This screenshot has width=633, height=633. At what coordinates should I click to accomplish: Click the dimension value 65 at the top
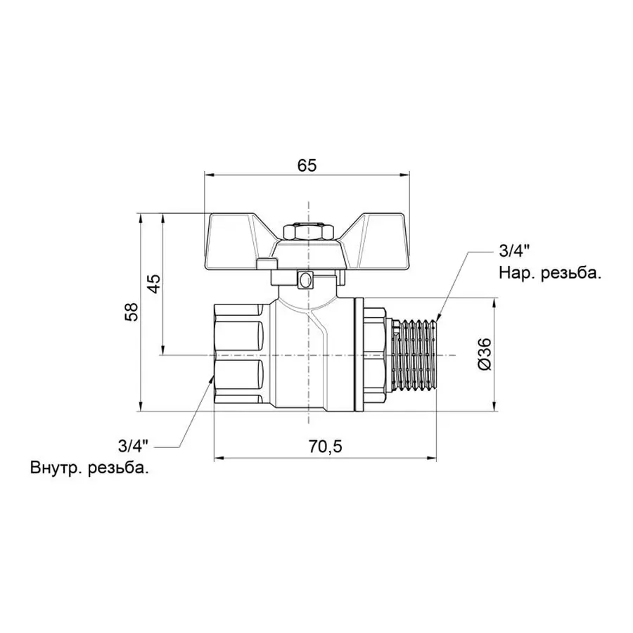[307, 165]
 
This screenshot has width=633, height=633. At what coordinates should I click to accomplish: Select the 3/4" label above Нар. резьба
[512, 251]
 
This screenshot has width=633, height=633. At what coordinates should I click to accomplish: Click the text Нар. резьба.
[550, 274]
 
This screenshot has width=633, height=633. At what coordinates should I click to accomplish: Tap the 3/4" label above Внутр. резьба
[134, 445]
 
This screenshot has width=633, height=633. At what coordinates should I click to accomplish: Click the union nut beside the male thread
[373, 355]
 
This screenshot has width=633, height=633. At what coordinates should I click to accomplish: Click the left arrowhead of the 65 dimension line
[208, 176]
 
